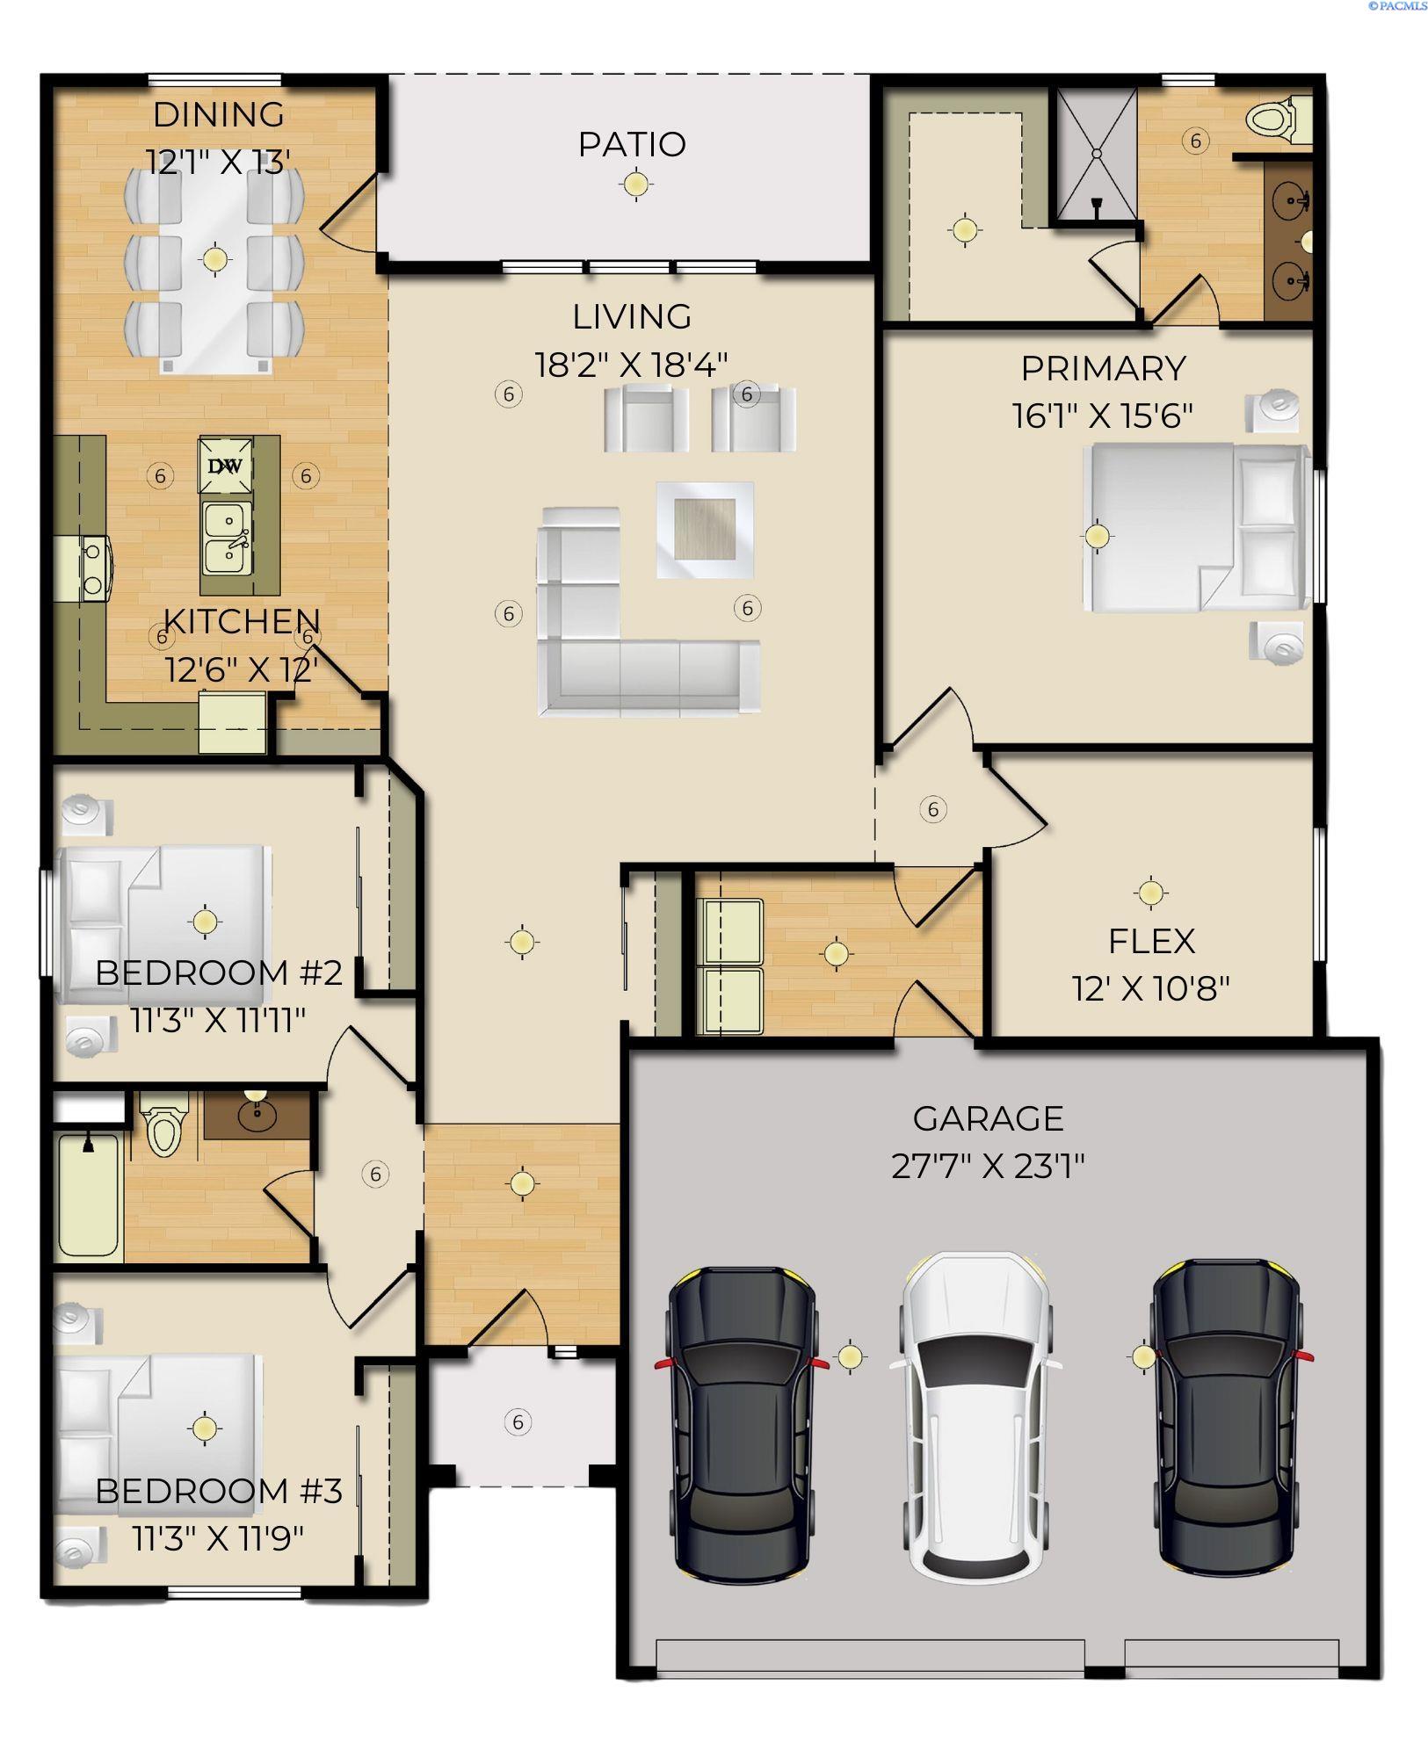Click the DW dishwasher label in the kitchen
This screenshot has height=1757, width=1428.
[x=225, y=466]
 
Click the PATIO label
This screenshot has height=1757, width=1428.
[x=631, y=144]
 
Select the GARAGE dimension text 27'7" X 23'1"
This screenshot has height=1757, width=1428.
[x=988, y=1167]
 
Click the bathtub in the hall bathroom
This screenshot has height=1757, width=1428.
[x=88, y=1196]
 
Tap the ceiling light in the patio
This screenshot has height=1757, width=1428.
[x=635, y=184]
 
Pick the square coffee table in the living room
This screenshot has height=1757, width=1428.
[x=705, y=529]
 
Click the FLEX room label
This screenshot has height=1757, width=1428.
[x=1150, y=942]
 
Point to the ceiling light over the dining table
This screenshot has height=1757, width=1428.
[x=214, y=259]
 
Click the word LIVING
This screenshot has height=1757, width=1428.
[x=631, y=317]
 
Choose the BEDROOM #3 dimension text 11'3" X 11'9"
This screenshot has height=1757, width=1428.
[x=218, y=1537]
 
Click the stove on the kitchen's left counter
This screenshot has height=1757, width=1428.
[x=91, y=569]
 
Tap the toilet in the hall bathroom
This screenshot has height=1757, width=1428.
[x=164, y=1125]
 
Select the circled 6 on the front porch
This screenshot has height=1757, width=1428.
[x=518, y=1421]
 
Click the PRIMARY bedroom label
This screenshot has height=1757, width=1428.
[x=1103, y=368]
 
